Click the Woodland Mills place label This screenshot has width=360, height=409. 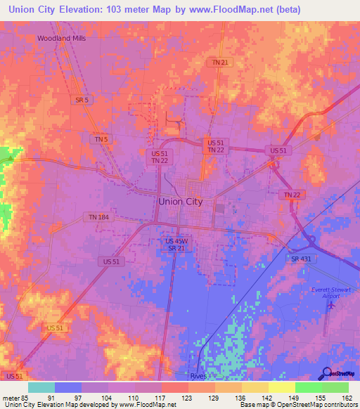pyautogui.click(x=62, y=38)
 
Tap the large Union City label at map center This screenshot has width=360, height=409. pyautogui.click(x=181, y=201)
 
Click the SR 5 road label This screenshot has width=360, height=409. pyautogui.click(x=82, y=100)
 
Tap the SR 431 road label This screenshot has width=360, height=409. pyautogui.click(x=300, y=259)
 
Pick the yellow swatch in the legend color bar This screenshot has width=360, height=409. pyautogui.click(x=281, y=387)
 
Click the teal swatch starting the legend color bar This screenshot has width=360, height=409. pyautogui.click(x=41, y=387)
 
